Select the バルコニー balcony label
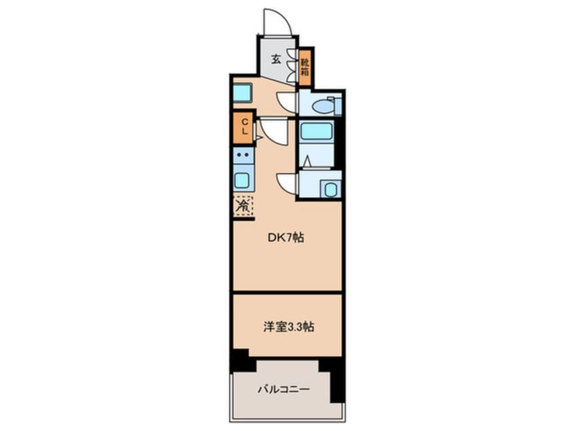coord(283,390)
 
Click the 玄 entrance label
coord(277,59)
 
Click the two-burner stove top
coord(243,156)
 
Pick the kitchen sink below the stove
coord(243,180)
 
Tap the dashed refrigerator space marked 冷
coord(243,205)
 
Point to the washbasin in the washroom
coord(330,188)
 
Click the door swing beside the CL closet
coord(272,131)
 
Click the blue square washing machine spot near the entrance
coord(243,93)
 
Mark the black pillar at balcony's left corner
coord(239,360)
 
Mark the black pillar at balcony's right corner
coord(333,377)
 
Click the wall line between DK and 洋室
coord(287,292)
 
